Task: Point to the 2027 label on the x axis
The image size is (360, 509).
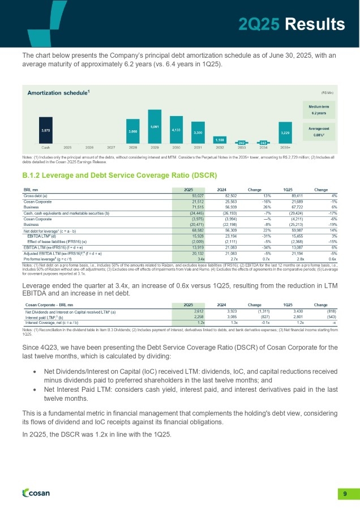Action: [112, 146]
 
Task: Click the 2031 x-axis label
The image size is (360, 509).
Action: [198, 146]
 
